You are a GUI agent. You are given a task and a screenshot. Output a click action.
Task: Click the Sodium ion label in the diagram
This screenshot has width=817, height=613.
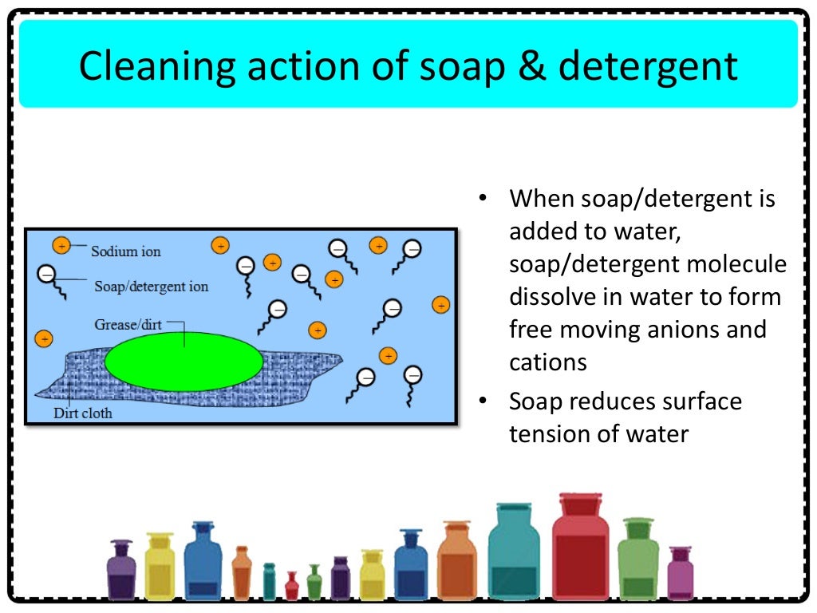pos(125,251)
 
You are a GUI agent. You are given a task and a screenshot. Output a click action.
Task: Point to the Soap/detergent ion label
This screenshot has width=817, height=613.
pos(151,286)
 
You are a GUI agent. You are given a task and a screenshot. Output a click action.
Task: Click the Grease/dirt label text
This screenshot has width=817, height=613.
pos(128,325)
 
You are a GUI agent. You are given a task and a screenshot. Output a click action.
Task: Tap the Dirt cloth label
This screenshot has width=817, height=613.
pos(82,413)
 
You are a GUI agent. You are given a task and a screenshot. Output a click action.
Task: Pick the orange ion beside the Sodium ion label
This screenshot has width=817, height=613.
pos(61,246)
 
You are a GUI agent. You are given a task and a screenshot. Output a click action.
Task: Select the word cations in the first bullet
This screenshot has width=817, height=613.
pos(548,362)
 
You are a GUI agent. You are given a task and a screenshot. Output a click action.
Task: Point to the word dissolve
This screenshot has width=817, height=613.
pos(548,297)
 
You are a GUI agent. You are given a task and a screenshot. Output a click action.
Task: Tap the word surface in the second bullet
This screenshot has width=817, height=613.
pos(693,401)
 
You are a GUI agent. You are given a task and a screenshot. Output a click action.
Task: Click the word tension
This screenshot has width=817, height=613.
pos(552,434)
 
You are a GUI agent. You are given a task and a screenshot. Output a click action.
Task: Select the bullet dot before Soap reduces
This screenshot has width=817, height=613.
pos(482,401)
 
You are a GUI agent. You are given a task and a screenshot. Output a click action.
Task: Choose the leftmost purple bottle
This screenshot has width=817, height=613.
pos(120,571)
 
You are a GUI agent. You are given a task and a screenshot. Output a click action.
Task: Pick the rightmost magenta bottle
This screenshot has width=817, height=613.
pos(681,575)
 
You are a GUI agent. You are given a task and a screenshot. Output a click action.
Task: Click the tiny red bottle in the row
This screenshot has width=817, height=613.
pos(292,587)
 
